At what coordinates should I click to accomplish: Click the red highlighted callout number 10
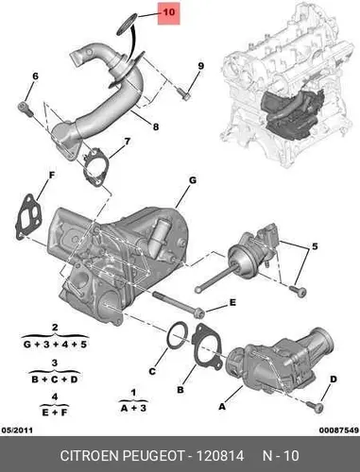click(169, 12)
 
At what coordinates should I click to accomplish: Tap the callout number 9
click(200, 66)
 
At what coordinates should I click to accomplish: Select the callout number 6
click(35, 76)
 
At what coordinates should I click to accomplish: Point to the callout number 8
click(156, 126)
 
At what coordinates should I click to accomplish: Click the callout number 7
click(127, 142)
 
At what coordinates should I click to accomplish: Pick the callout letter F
click(51, 176)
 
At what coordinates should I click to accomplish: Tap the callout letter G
click(193, 180)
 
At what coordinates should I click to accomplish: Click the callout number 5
click(315, 246)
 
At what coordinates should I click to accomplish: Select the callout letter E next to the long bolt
click(232, 303)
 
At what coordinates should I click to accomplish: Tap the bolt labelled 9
click(183, 94)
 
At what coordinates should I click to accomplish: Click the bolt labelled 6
click(26, 108)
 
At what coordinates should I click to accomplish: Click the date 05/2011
click(17, 430)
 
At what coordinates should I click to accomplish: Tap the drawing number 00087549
click(339, 430)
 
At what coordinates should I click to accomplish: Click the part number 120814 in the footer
click(220, 456)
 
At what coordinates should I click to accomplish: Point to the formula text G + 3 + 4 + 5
click(55, 345)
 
